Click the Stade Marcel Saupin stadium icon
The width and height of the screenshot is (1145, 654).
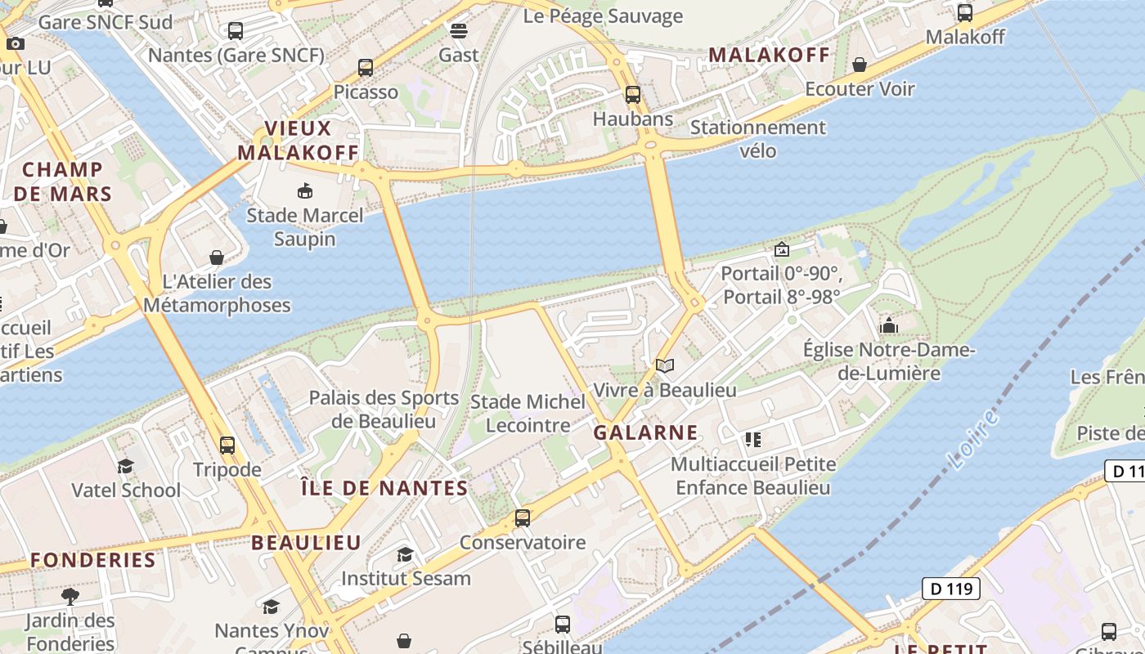point(305,191)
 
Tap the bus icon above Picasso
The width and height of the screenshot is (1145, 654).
point(366,68)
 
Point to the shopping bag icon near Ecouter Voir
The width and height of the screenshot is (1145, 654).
point(860,65)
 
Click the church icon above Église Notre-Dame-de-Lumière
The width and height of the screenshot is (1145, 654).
point(889,326)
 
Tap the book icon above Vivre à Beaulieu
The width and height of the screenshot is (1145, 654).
point(665,365)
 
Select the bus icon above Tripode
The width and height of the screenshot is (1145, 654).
point(227,446)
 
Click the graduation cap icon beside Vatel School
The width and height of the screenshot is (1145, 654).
point(125,466)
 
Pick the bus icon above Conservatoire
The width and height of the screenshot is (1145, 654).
point(522,518)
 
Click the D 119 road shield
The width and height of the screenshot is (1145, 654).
point(951,588)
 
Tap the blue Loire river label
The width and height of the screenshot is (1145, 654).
point(975,441)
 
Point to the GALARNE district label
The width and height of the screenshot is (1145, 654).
point(646,432)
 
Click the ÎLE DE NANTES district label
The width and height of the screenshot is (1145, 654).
point(384,489)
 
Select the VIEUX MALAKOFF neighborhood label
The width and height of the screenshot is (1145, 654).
point(299,141)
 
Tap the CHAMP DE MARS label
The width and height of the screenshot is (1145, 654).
point(63,181)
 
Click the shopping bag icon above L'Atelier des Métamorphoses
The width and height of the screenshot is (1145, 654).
point(217,258)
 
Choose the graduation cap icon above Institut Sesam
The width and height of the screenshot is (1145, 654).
point(405,555)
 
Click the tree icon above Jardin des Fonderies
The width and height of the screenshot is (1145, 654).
point(70,596)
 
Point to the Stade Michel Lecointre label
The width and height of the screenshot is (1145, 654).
point(528,414)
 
